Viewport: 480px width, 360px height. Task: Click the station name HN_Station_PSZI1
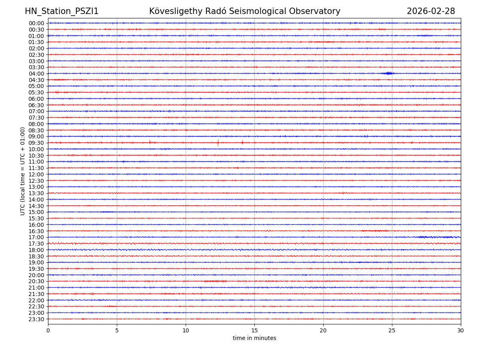62,11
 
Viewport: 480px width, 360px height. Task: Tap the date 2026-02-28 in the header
431,11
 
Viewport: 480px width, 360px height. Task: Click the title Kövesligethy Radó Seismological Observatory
244,11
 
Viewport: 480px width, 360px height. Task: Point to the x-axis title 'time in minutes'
254,338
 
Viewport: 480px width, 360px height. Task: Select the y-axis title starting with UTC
23,171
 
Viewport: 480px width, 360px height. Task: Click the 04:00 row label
36,74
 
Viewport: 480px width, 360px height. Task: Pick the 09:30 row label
36,143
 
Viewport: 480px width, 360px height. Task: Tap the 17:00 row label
36,237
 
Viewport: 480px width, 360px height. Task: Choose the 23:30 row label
36,319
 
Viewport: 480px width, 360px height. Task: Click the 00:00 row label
36,23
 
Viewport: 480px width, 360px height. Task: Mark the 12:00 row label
36,174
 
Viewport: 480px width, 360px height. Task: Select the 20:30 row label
36,282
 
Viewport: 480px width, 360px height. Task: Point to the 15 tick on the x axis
254,330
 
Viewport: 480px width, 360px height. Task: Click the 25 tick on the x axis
392,330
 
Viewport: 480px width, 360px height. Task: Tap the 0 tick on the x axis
48,330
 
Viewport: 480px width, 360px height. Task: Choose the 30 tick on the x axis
461,330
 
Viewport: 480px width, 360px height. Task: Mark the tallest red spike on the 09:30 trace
218,142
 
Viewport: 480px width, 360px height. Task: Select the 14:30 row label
36,206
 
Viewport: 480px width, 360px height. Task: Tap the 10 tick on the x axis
186,330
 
